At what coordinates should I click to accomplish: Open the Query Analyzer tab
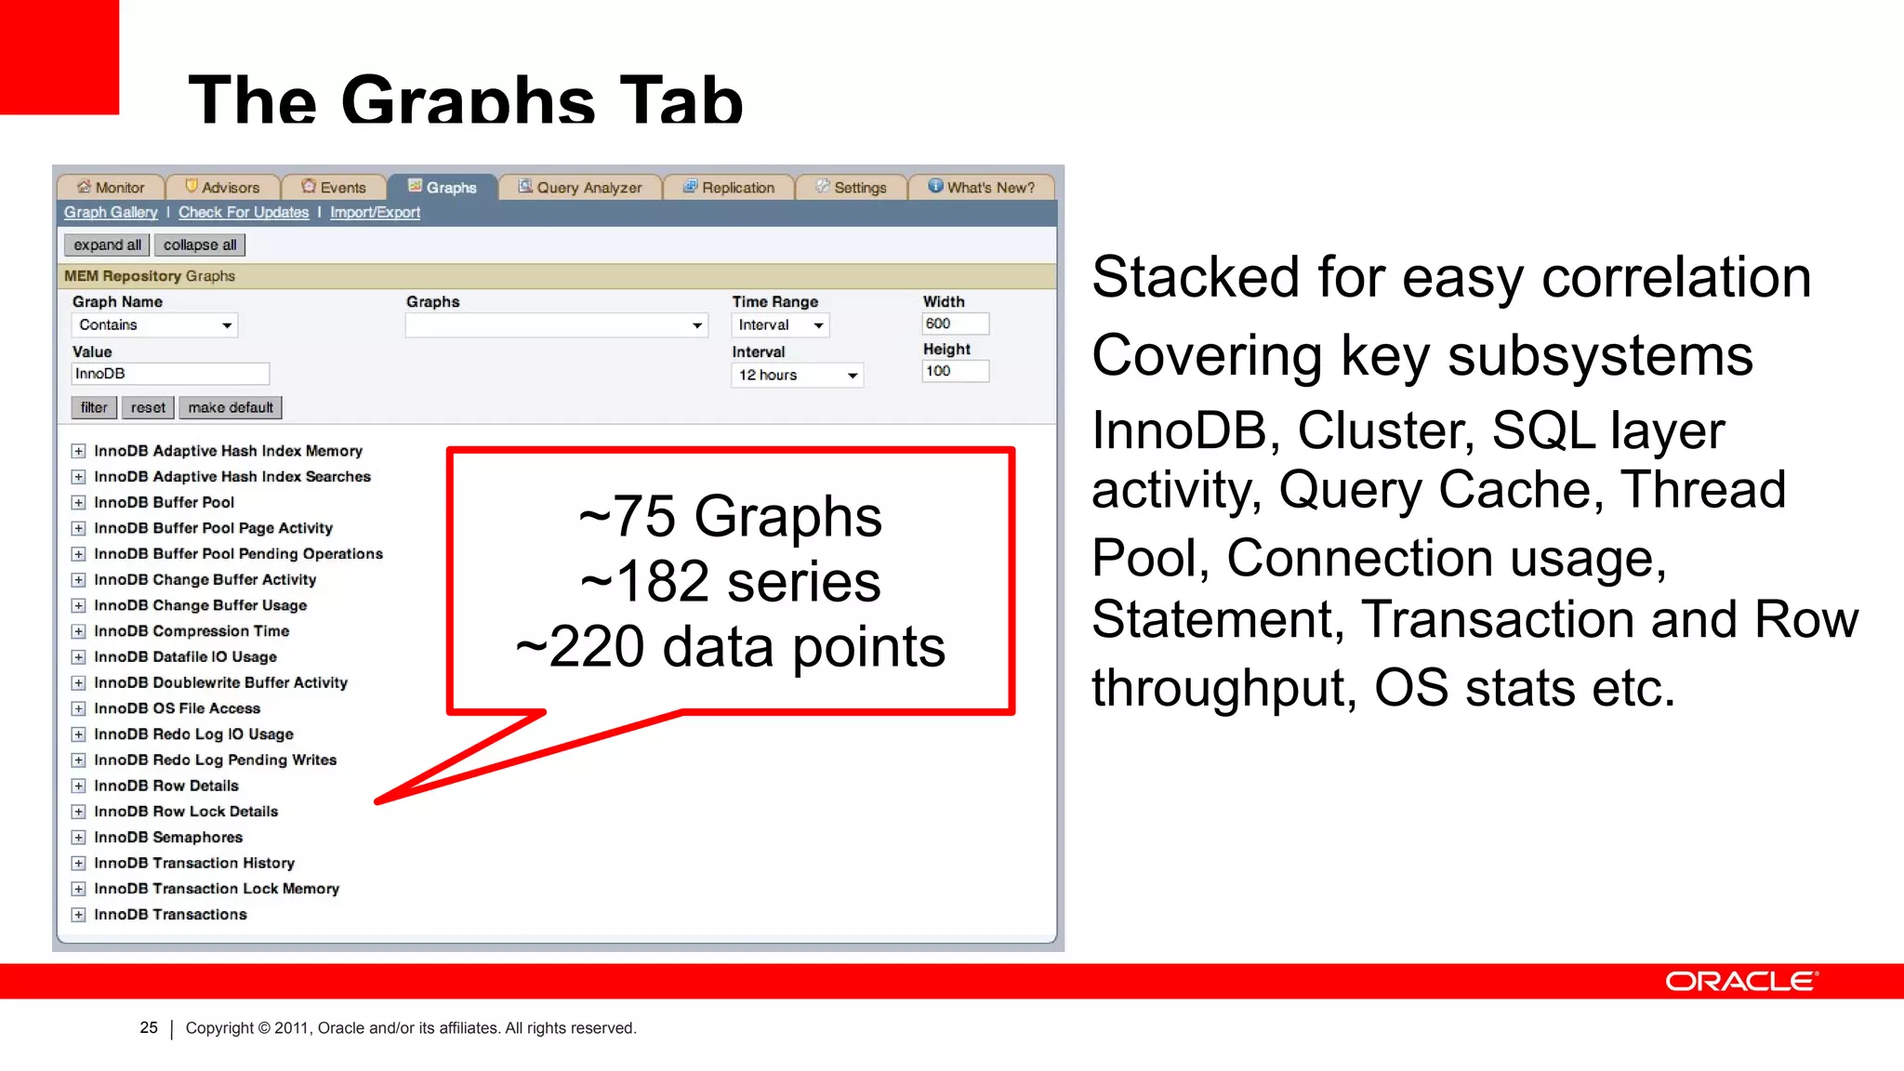click(580, 188)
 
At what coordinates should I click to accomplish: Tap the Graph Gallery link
click(111, 213)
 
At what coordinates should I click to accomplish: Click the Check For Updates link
click(244, 213)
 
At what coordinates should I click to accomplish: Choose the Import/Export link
click(375, 213)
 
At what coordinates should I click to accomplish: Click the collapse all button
click(200, 245)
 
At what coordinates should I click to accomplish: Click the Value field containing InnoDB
click(170, 374)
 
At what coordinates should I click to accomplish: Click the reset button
click(148, 408)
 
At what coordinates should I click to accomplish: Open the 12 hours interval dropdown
click(798, 376)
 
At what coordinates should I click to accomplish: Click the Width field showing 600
click(955, 324)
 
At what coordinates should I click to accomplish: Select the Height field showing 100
click(955, 371)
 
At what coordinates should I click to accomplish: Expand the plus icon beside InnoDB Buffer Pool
click(79, 503)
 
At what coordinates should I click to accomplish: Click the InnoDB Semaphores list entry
click(168, 838)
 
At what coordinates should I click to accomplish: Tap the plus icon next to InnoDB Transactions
click(79, 915)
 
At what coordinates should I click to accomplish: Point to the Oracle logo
click(1741, 982)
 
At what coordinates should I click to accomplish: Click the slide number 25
click(149, 1028)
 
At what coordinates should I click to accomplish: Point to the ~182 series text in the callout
click(731, 582)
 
